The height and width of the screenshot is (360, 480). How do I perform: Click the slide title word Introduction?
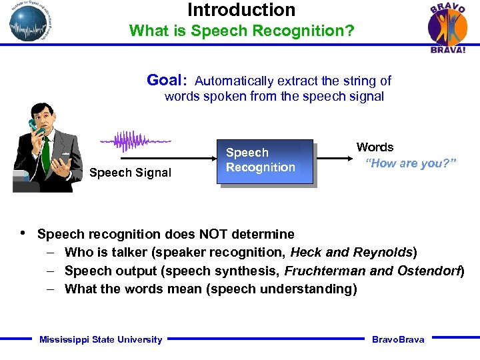241,10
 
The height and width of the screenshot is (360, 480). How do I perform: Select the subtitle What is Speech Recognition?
241,31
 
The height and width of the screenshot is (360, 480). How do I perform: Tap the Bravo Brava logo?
447,27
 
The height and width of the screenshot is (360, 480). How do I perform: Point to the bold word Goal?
167,81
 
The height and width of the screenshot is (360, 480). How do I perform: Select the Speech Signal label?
130,173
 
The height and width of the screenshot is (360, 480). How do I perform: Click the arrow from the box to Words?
334,159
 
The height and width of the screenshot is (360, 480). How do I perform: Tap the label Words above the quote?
375,147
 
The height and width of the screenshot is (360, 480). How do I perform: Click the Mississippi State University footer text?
101,339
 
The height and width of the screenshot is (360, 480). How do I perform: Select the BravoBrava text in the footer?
398,339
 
